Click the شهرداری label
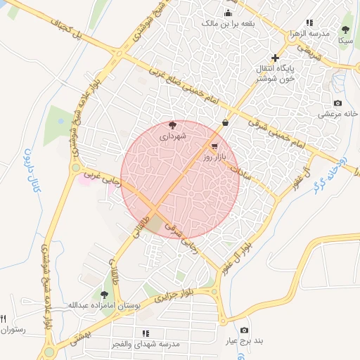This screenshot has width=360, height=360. pyautogui.click(x=172, y=136)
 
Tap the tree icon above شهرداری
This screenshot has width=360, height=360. pyautogui.click(x=173, y=125)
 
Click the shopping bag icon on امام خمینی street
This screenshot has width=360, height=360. pyautogui.click(x=224, y=123)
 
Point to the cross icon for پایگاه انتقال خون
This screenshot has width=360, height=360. pyautogui.click(x=275, y=58)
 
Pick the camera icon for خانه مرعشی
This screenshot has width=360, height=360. pyautogui.click(x=337, y=103)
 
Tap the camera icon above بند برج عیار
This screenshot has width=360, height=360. pyautogui.click(x=244, y=330)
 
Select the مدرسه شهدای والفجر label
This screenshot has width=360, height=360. pyautogui.click(x=146, y=345)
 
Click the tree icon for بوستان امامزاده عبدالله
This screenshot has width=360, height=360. pyautogui.click(x=105, y=295)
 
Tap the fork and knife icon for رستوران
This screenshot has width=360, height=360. pyautogui.click(x=4, y=319)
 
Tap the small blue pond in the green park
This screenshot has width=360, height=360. pyautogui.click(x=61, y=121)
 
